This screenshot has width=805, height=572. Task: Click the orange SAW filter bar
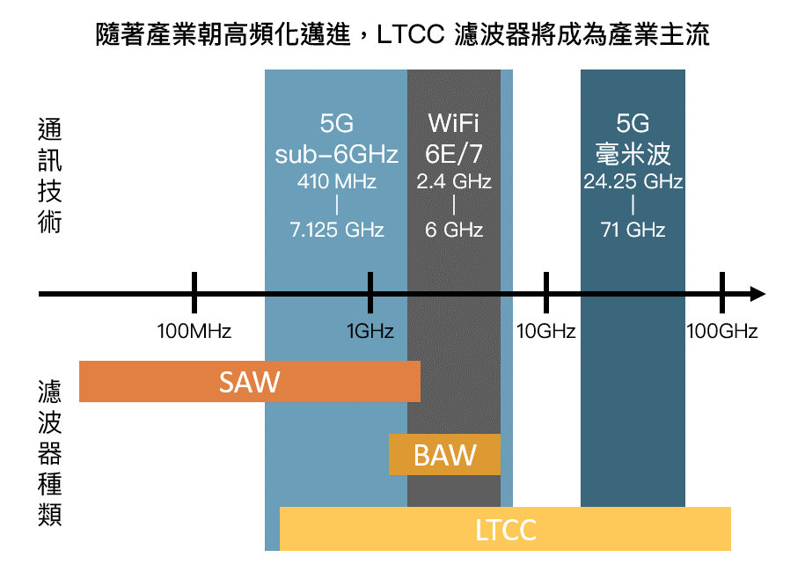249,381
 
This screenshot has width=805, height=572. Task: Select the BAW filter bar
444,455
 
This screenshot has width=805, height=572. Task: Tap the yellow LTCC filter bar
505,530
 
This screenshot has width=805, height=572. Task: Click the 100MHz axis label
194,332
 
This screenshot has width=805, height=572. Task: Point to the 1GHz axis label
370,332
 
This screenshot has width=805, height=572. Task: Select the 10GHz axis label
545,332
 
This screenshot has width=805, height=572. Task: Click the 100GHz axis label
721,332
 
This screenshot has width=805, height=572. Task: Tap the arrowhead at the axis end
757,294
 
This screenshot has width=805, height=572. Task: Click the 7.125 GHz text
337,231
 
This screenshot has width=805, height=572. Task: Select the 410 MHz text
337,182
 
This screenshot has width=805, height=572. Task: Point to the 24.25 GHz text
633,182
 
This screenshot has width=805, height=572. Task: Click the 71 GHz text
633,231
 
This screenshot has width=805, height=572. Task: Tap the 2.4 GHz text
454,182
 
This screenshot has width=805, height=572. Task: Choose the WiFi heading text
454,123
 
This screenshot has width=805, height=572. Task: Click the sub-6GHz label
337,154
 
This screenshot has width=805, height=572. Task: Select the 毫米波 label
633,154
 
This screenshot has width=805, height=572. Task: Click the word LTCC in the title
413,37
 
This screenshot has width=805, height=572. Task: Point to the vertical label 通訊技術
51,175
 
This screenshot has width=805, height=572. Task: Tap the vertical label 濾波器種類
51,452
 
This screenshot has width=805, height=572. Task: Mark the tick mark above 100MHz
194,292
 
